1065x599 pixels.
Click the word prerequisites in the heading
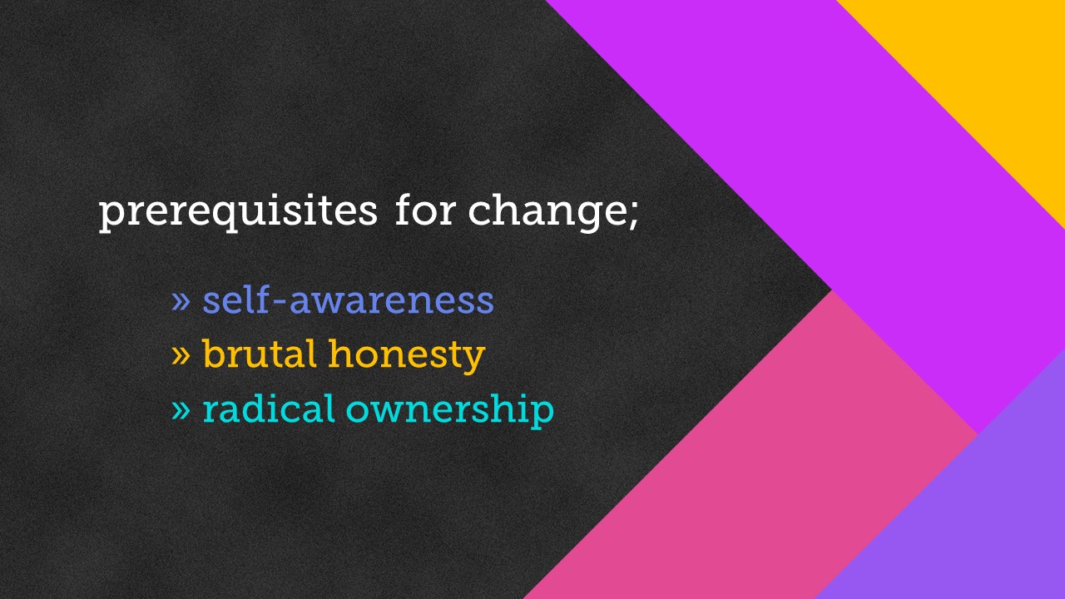(x=238, y=212)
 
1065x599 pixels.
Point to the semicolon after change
(x=633, y=216)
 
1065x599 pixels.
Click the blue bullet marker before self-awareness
(x=181, y=300)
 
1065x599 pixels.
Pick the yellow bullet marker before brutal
(x=181, y=354)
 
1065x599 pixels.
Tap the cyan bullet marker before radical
(x=181, y=409)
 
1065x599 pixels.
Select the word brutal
(x=259, y=354)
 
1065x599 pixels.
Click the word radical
(x=268, y=408)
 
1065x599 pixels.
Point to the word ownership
(x=450, y=411)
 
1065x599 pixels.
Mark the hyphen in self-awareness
(x=279, y=302)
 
